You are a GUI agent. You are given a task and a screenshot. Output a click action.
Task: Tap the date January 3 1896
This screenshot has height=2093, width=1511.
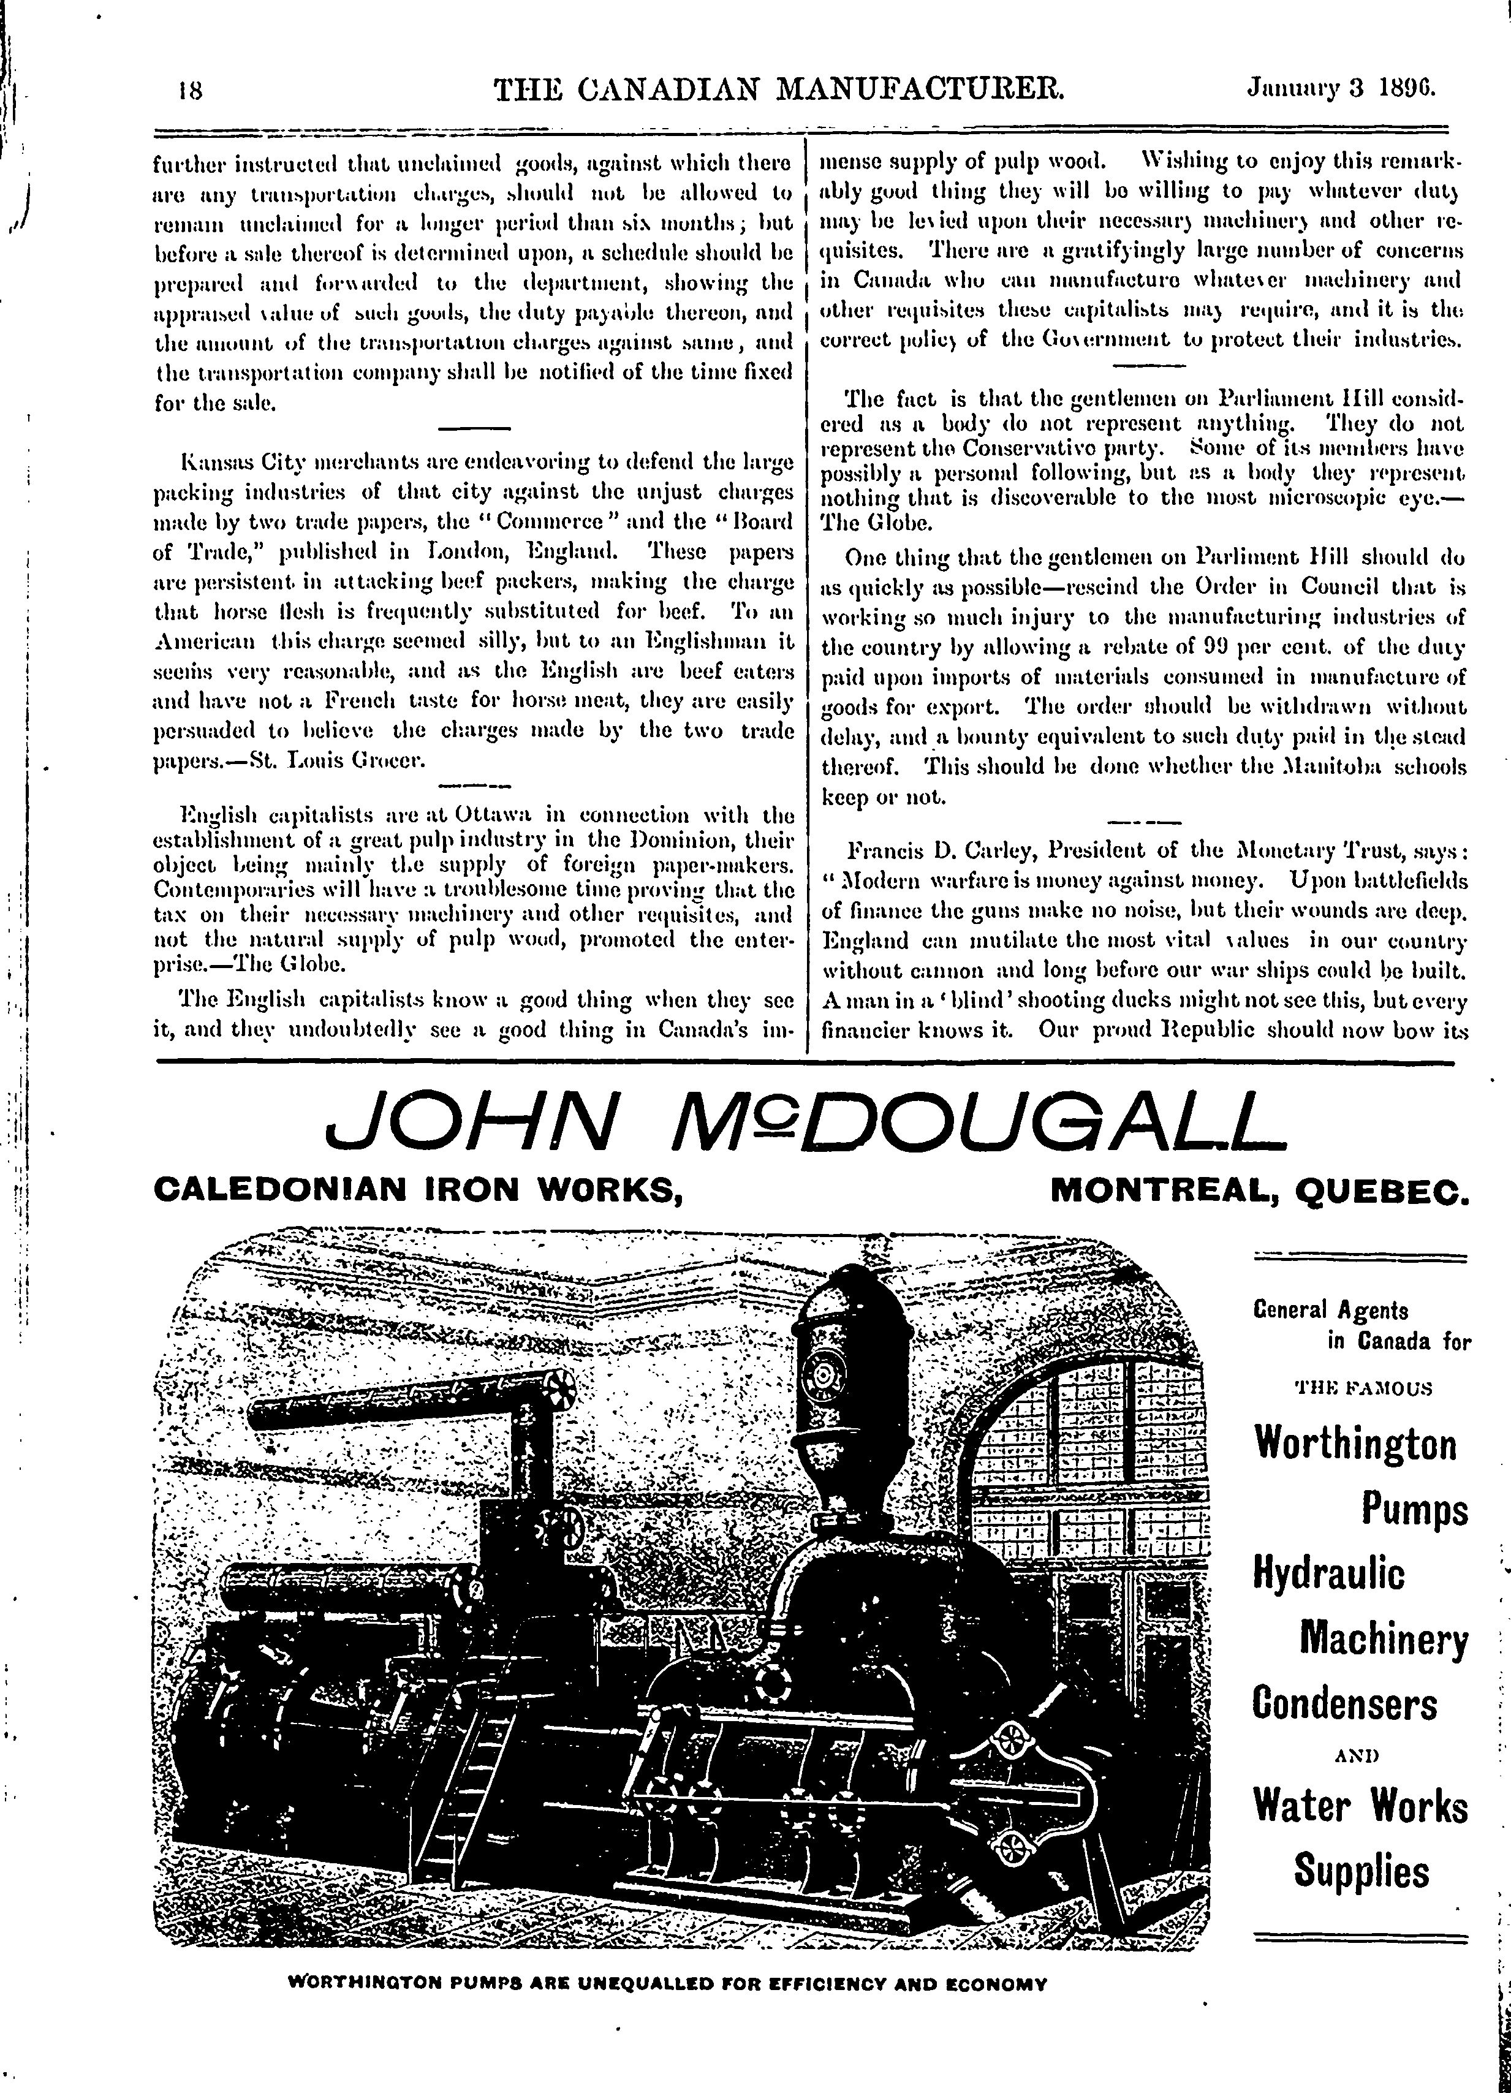pos(1343,89)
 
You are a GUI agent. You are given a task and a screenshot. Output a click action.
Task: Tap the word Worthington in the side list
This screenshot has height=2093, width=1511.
pos(1354,1444)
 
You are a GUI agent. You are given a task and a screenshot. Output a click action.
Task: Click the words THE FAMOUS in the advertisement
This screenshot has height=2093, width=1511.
pos(1363,1389)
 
